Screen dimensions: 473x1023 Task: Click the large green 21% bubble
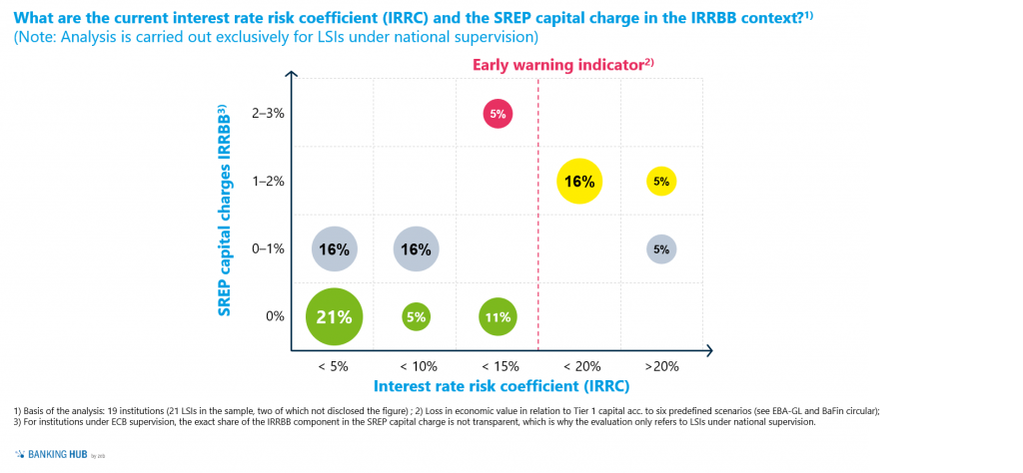[x=334, y=317]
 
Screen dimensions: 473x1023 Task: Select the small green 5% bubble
[x=416, y=317]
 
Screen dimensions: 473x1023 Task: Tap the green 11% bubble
[x=498, y=317]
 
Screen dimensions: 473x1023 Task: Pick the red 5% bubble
[x=498, y=114]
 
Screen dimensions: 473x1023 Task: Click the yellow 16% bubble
[x=579, y=182]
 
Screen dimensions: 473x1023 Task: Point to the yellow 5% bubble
[x=661, y=182]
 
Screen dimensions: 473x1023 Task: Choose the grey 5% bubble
[x=661, y=249]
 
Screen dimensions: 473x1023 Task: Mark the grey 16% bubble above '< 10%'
[x=416, y=249]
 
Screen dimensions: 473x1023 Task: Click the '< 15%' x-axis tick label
[x=498, y=366]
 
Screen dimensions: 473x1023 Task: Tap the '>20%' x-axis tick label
[x=661, y=366]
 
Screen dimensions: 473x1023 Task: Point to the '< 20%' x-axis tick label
[x=579, y=366]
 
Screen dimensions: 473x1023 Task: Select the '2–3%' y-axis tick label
[x=270, y=114]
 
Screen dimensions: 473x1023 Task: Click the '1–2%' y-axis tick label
[x=270, y=182]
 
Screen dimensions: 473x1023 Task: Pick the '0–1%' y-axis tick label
[x=270, y=249]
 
